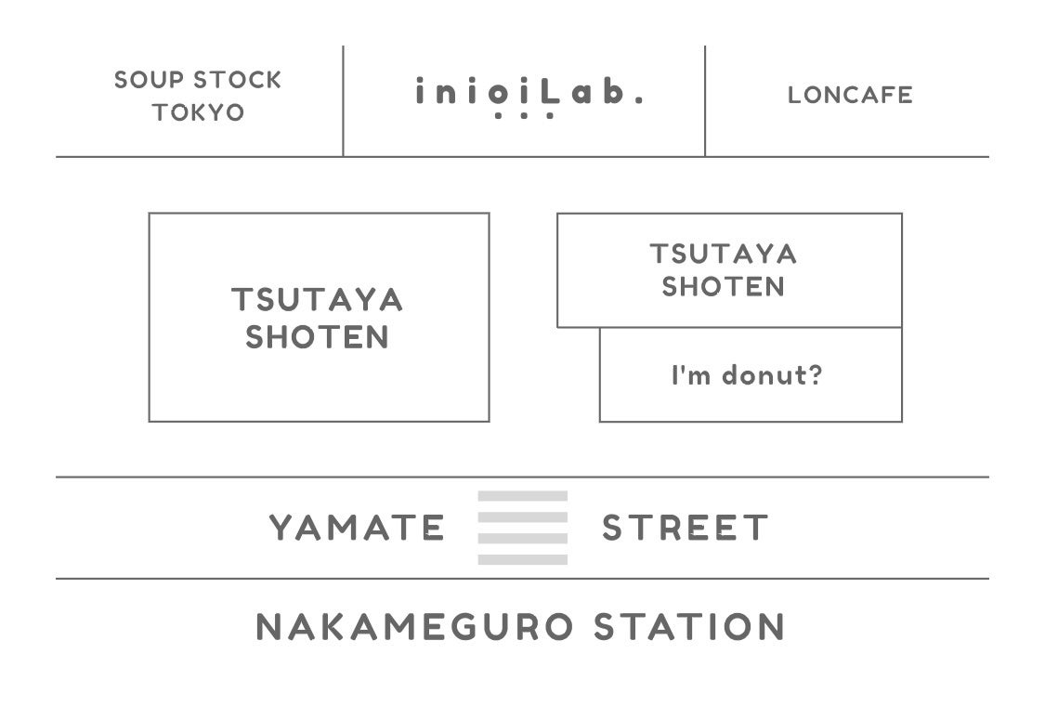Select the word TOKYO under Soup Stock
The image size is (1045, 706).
pyautogui.click(x=198, y=113)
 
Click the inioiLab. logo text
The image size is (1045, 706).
pyautogui.click(x=528, y=93)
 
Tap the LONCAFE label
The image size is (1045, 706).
pyautogui.click(x=850, y=95)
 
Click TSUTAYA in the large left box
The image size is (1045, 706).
pyautogui.click(x=318, y=301)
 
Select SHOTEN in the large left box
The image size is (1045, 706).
pyautogui.click(x=318, y=337)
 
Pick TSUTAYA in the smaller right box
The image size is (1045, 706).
pyautogui.click(x=724, y=254)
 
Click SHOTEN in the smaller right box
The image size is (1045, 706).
pyautogui.click(x=724, y=287)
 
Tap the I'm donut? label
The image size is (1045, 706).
pyautogui.click(x=747, y=376)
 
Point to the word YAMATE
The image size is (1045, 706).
pyautogui.click(x=358, y=529)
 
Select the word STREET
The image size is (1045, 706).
pyautogui.click(x=686, y=529)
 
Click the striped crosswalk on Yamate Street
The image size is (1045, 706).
pyautogui.click(x=522, y=528)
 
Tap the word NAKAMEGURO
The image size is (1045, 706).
pyautogui.click(x=414, y=627)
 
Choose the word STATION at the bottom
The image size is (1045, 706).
pyautogui.click(x=690, y=627)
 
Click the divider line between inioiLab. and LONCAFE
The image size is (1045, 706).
pyautogui.click(x=705, y=100)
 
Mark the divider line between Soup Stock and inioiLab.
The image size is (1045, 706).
pyautogui.click(x=343, y=100)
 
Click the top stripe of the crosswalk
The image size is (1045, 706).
pyautogui.click(x=522, y=496)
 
